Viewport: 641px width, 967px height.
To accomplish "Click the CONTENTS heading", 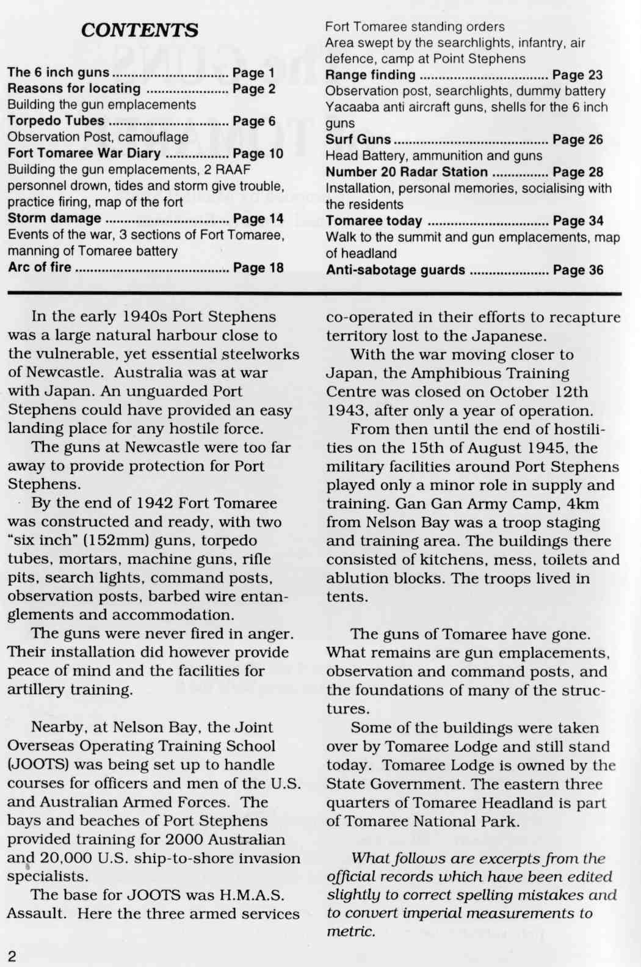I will (x=139, y=30).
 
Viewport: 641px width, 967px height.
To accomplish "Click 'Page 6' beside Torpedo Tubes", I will (x=254, y=121).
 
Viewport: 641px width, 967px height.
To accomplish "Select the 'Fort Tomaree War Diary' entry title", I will (x=84, y=153).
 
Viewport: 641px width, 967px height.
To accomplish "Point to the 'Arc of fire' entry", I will (x=40, y=267).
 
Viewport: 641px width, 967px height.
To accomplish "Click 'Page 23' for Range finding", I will (x=578, y=75).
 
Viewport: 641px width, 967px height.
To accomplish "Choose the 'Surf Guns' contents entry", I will (x=358, y=139).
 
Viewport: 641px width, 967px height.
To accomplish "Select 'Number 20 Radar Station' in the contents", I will (x=407, y=172).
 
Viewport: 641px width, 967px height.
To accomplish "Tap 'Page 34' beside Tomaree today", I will (x=578, y=221).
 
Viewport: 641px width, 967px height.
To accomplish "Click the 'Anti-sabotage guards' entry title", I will (x=396, y=270).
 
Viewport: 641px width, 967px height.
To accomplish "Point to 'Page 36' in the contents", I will (x=578, y=270).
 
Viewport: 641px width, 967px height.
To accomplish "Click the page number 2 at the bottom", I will (x=12, y=956).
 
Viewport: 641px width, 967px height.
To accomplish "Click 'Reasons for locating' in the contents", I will (x=74, y=89).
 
